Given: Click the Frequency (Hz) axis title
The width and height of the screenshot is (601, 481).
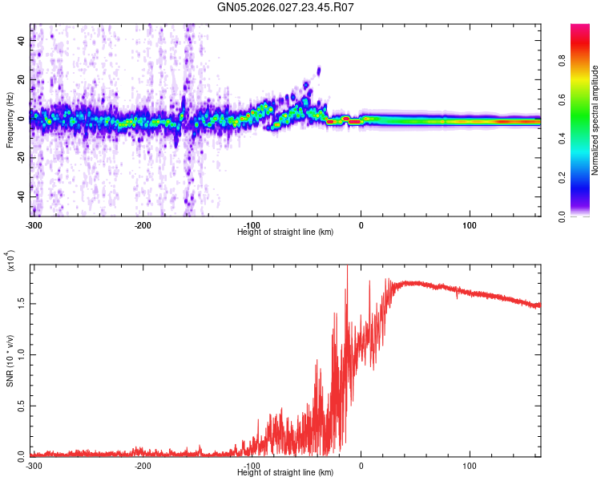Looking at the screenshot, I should (10, 120).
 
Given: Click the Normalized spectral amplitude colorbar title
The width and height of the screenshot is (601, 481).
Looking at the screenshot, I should (595, 120).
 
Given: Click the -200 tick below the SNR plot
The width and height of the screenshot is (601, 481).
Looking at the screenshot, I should (143, 465).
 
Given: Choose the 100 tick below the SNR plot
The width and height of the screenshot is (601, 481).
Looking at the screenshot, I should (470, 465).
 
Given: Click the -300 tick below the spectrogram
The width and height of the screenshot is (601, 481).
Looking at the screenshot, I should (34, 224).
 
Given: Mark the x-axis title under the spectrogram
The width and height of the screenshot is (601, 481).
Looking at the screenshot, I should (285, 232).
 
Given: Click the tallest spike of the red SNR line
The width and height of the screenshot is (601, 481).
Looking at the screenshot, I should (347, 269).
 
